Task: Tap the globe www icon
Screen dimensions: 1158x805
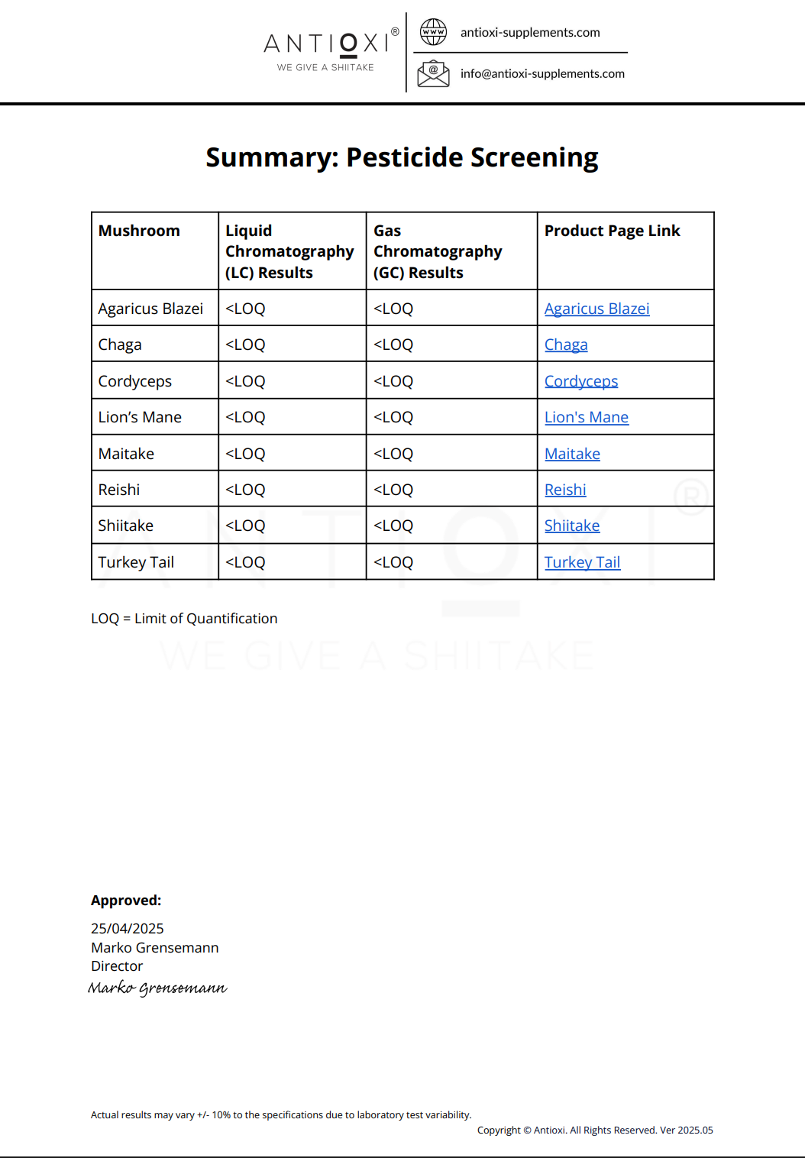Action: (x=433, y=32)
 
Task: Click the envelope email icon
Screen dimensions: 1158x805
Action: (x=433, y=73)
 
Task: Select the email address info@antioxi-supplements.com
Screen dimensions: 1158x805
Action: (x=542, y=73)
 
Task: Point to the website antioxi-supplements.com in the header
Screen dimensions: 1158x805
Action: (x=530, y=32)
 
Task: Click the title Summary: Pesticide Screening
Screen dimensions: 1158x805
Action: (x=402, y=157)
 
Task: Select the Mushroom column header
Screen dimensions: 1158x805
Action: (x=139, y=231)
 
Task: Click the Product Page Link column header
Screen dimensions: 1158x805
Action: (x=612, y=231)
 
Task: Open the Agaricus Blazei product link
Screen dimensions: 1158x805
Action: (x=596, y=309)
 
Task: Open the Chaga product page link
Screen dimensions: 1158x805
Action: (x=566, y=344)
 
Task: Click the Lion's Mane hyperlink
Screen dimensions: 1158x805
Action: (x=586, y=417)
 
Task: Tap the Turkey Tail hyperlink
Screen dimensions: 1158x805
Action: (x=582, y=562)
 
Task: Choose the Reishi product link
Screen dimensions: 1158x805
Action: (x=565, y=490)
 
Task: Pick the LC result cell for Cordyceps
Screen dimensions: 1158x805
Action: (x=245, y=381)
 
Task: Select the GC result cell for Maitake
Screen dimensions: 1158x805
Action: (x=393, y=454)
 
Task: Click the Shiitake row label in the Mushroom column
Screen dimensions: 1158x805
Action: (x=126, y=526)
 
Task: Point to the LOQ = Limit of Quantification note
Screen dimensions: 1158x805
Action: (x=184, y=619)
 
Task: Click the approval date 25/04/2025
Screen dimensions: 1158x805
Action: (x=128, y=928)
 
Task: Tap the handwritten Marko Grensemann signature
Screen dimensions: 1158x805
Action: (x=157, y=988)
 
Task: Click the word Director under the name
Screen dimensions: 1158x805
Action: (x=117, y=966)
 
